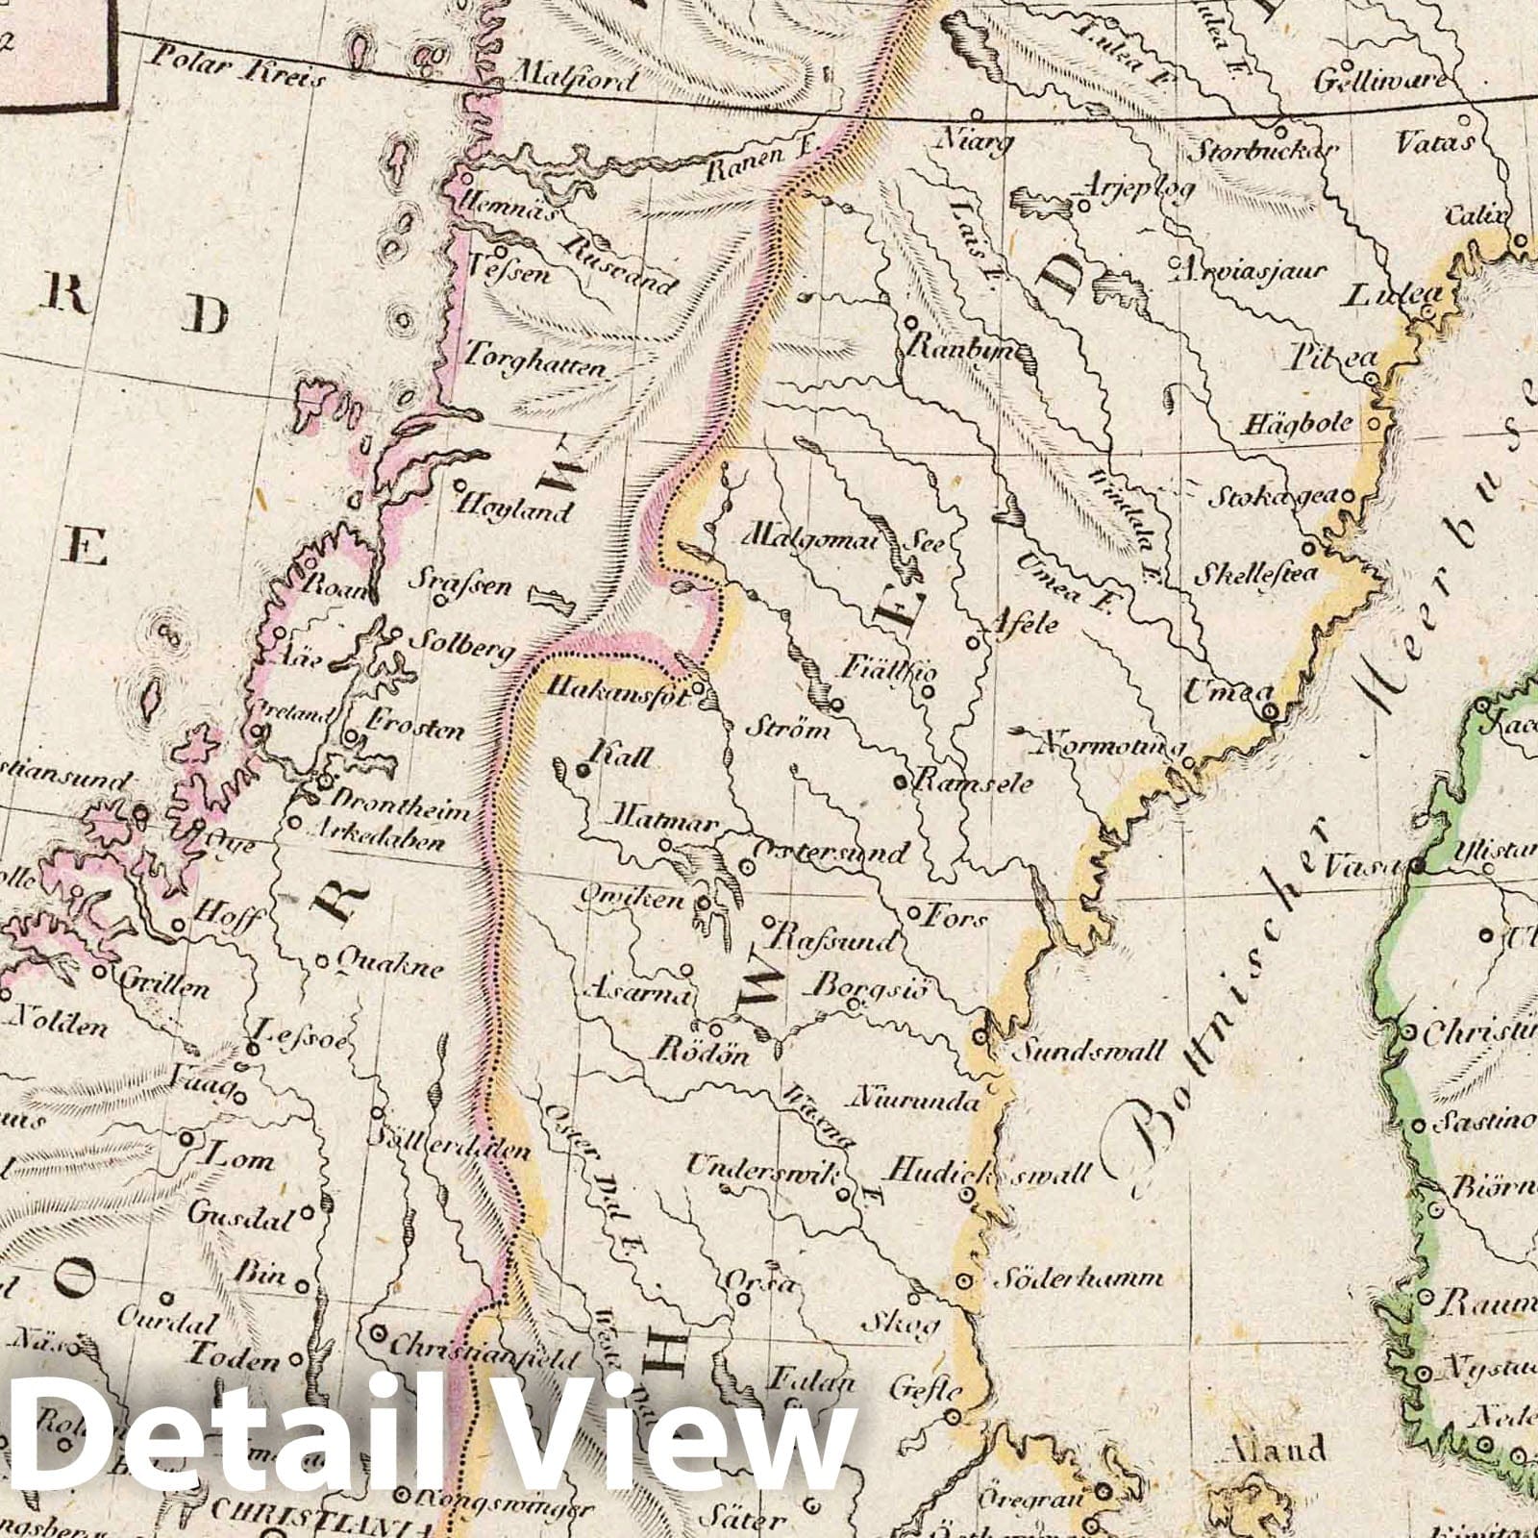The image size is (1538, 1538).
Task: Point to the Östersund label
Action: point(830,852)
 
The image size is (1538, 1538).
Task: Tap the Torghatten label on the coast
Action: point(535,366)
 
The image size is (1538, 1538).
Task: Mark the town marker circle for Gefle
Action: point(952,1416)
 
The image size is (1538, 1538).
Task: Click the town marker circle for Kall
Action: point(582,770)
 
